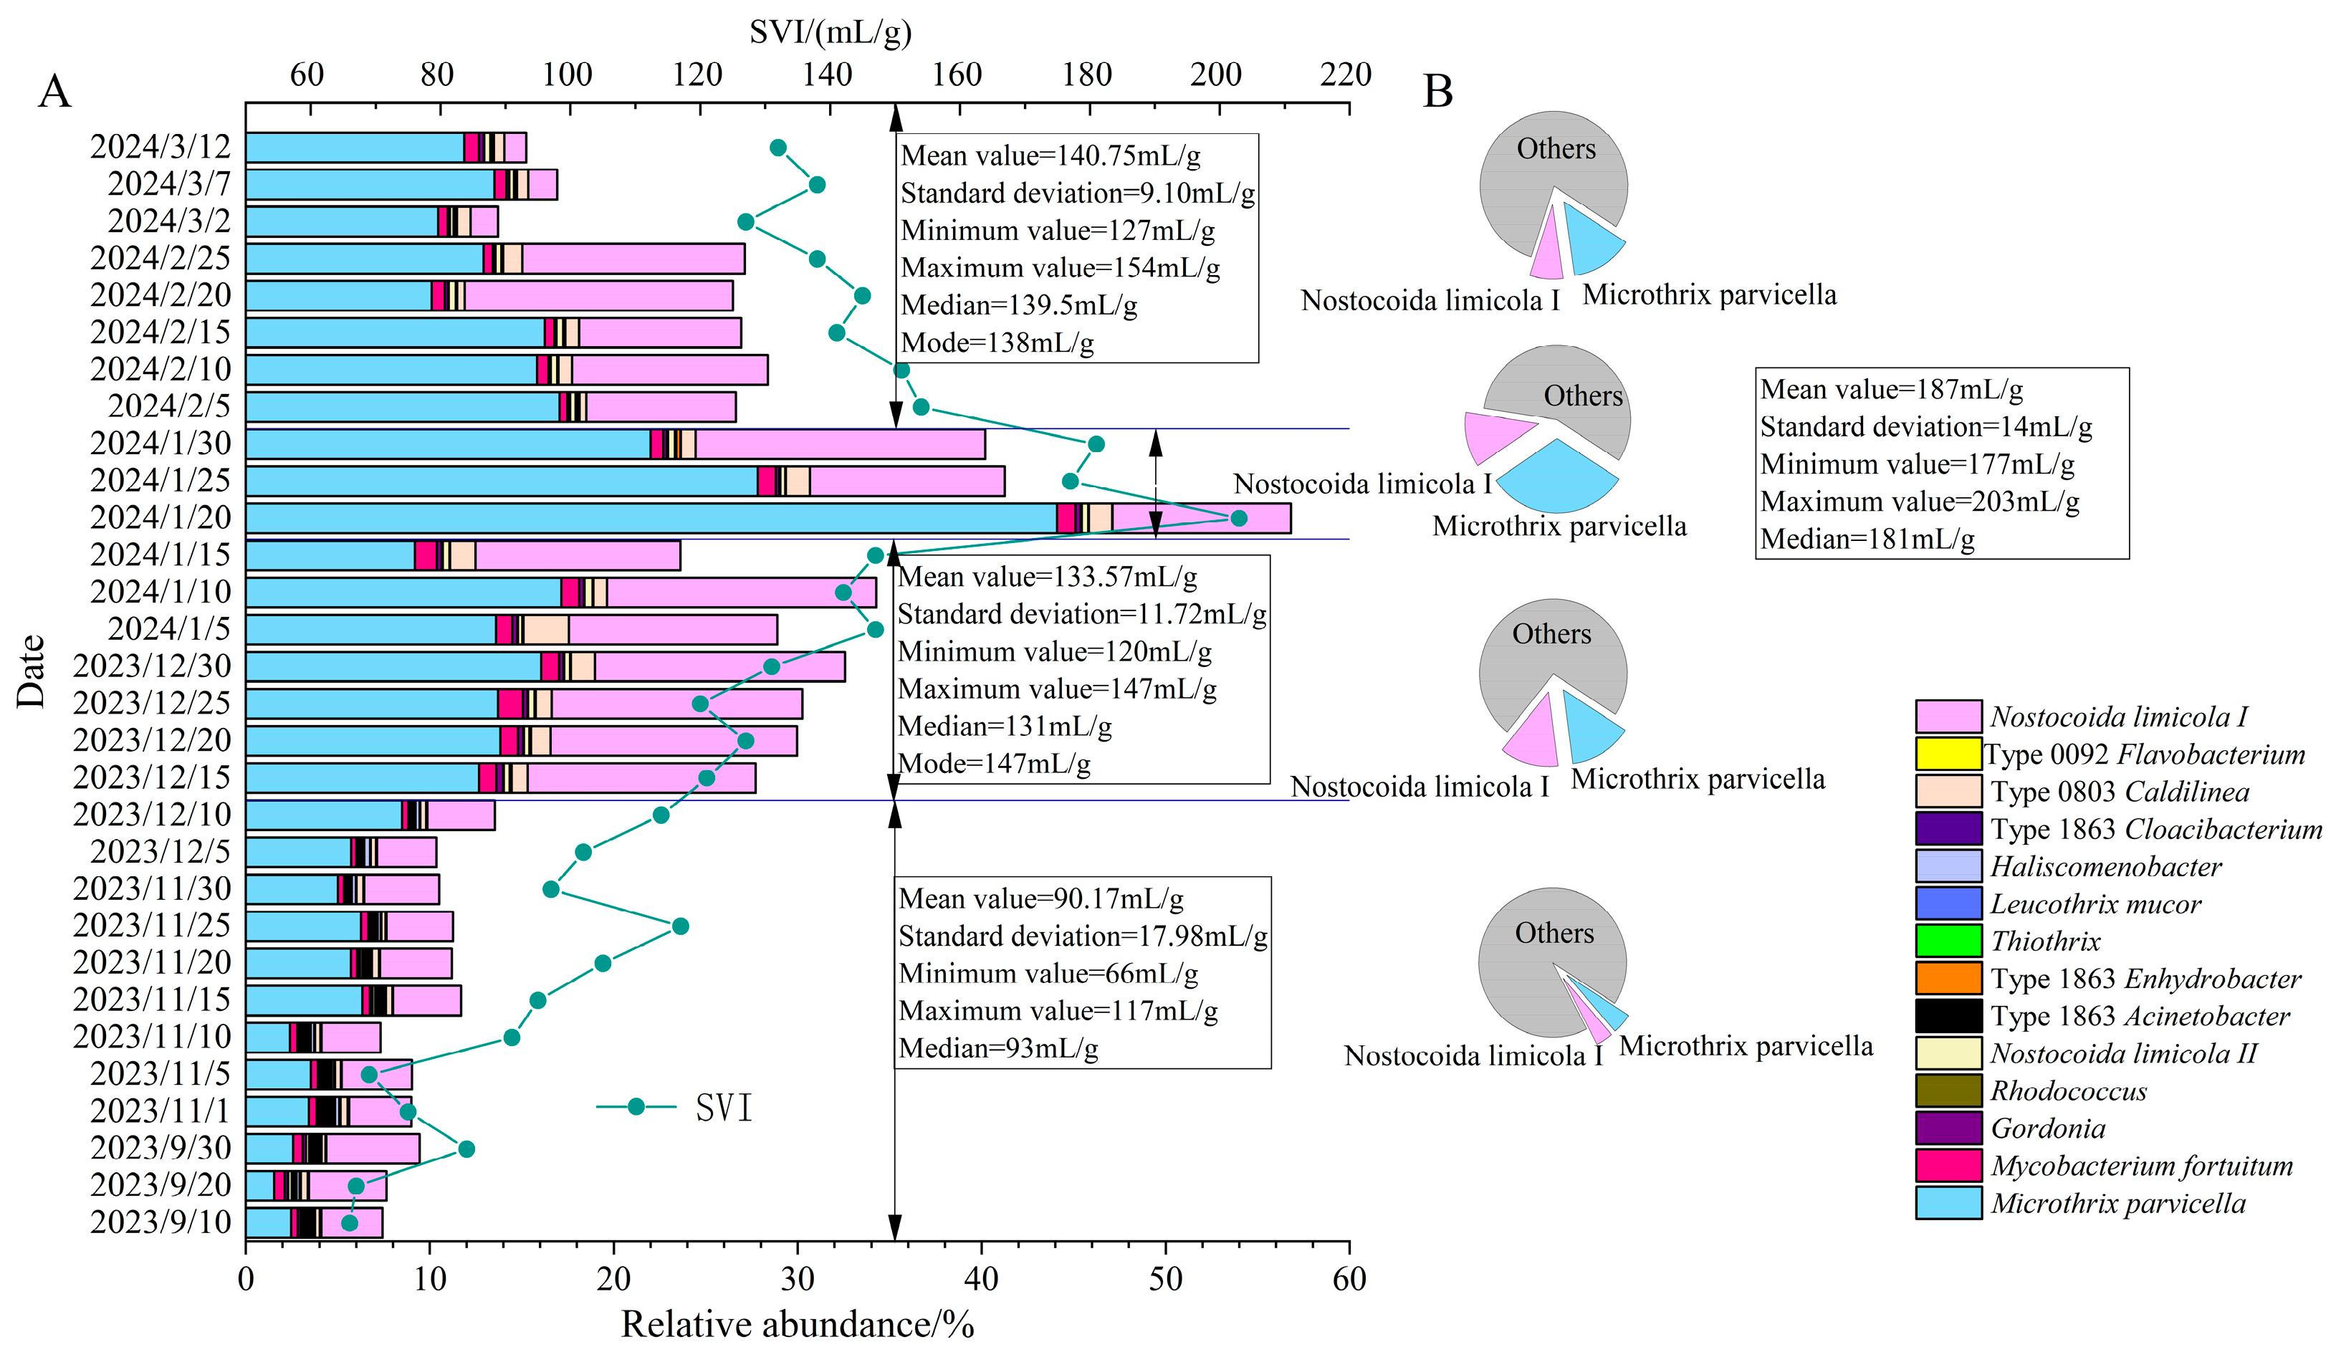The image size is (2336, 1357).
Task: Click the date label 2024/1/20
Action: (161, 517)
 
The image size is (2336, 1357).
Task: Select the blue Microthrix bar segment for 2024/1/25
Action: (501, 481)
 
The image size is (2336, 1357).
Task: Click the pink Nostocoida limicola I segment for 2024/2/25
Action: (633, 259)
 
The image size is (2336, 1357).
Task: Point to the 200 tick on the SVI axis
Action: (1216, 74)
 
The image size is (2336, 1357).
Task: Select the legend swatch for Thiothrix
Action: (1948, 941)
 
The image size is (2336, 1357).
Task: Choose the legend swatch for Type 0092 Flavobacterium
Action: (1948, 754)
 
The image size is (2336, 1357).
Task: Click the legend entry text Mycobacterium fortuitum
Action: (2141, 1165)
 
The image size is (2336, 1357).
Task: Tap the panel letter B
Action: (1437, 91)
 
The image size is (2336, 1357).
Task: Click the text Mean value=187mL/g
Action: (1891, 389)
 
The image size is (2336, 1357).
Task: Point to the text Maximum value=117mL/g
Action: (1058, 1010)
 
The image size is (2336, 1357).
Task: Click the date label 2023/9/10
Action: (161, 1222)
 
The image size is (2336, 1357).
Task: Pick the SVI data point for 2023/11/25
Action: (679, 926)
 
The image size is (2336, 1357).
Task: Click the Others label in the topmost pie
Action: (1556, 148)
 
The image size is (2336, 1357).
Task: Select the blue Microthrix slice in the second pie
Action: (1557, 477)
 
